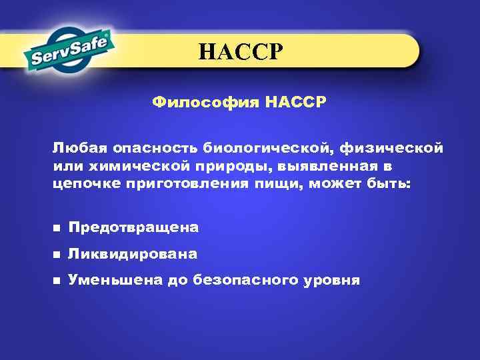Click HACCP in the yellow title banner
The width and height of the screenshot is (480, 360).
pos(241,51)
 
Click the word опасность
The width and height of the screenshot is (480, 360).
pos(145,147)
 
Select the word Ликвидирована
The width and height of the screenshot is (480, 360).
pos(133,254)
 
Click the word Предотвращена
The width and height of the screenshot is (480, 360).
pos(133,228)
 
